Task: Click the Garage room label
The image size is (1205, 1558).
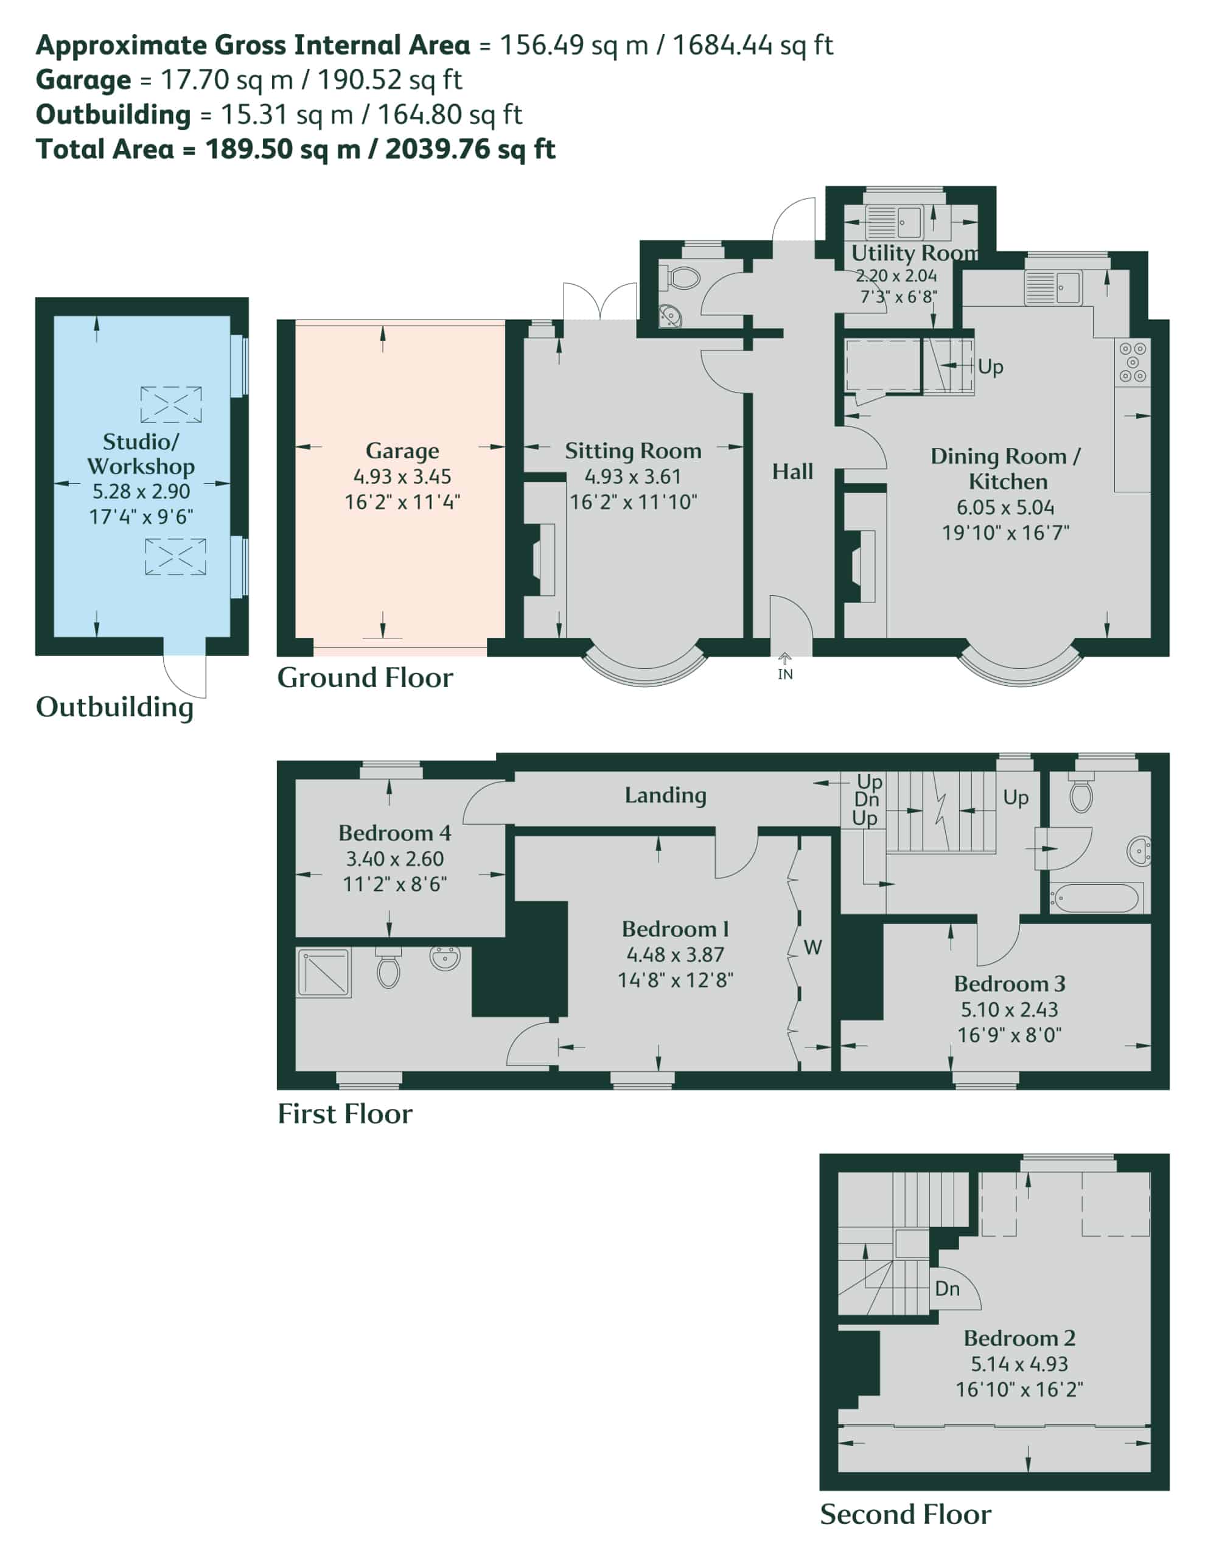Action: tap(402, 451)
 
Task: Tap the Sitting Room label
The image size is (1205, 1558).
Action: tap(633, 451)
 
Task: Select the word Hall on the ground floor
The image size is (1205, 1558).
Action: tap(792, 471)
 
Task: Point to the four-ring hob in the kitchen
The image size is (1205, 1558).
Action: tap(1132, 362)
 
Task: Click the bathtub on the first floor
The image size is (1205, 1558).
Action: tap(1094, 898)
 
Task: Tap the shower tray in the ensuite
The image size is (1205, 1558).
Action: tap(324, 971)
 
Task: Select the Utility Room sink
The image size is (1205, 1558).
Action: tap(908, 221)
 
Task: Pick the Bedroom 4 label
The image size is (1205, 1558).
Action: tap(394, 833)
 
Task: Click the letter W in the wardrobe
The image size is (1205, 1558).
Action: tap(812, 948)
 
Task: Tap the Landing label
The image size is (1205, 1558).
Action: tap(666, 795)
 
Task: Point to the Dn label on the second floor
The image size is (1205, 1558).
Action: tap(947, 1288)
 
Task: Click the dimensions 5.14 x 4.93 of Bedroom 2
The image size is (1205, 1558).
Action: tap(1019, 1364)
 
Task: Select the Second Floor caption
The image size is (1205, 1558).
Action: tap(906, 1514)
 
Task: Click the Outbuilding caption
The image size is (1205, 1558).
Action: tap(114, 708)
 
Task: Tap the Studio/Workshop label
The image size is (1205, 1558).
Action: tap(141, 453)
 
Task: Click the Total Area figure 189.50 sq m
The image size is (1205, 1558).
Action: tap(282, 149)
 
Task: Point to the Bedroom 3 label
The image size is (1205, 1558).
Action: tap(1010, 983)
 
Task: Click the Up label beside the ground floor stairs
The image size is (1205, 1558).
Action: tap(990, 366)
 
